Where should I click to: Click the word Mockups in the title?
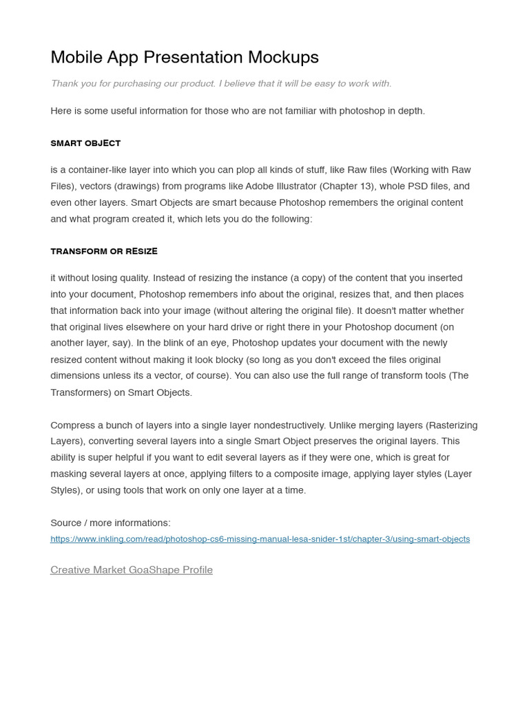[x=284, y=57]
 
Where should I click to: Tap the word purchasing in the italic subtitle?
[x=123, y=83]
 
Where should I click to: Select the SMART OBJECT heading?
[x=85, y=143]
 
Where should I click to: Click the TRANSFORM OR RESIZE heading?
[x=104, y=251]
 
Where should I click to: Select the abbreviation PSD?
[x=419, y=186]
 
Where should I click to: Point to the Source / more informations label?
[x=110, y=523]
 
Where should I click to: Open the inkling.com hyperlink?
[x=260, y=539]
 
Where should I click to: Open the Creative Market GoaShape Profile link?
[x=132, y=569]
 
